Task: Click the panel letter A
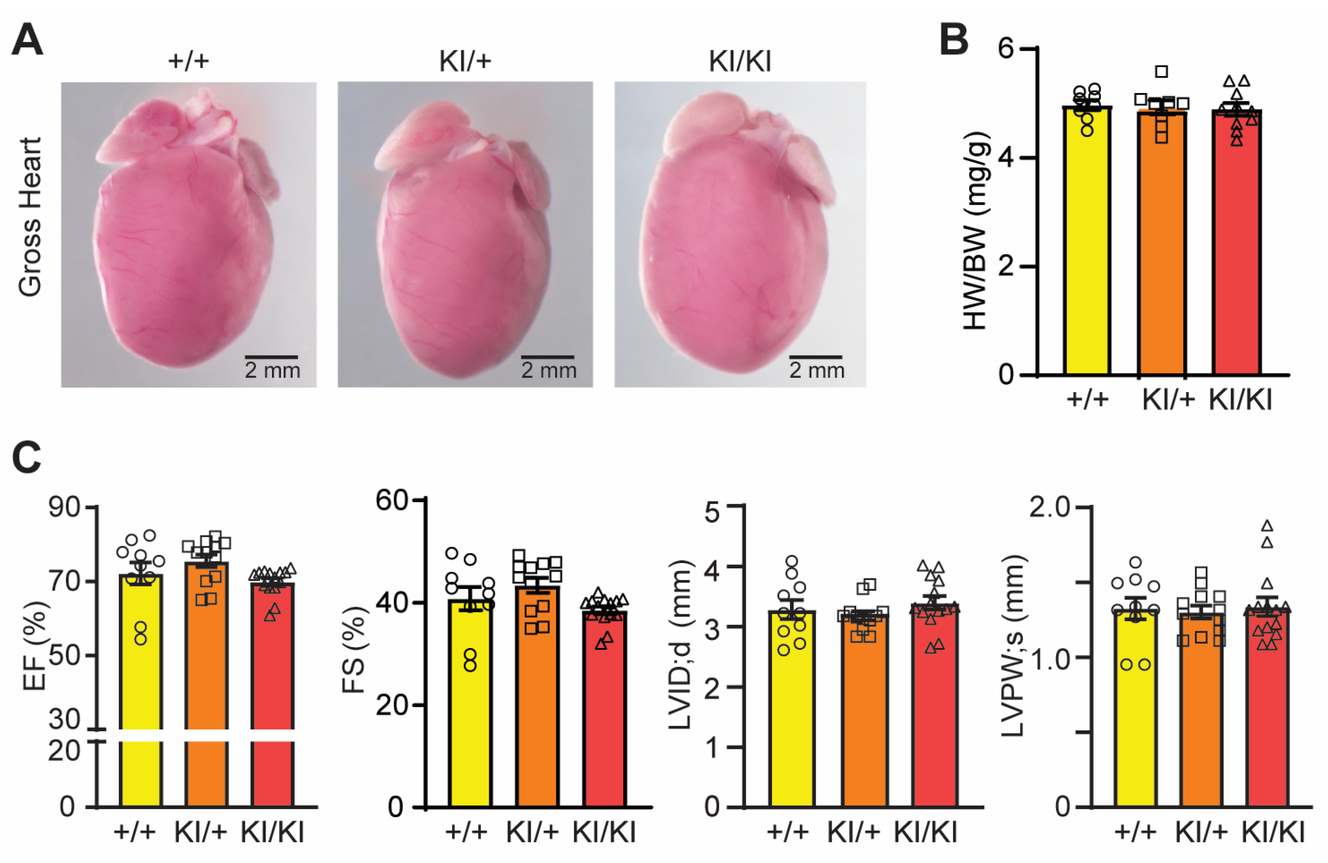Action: point(27,40)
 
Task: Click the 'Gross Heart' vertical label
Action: point(29,218)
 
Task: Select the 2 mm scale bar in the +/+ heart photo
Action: point(271,357)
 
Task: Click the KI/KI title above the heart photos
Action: point(740,61)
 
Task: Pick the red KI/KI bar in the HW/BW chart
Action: point(1236,245)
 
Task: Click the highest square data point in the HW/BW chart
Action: point(1161,71)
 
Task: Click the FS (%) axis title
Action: point(353,650)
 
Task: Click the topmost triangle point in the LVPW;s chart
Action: point(1267,526)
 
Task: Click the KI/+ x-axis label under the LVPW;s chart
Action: point(1201,832)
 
